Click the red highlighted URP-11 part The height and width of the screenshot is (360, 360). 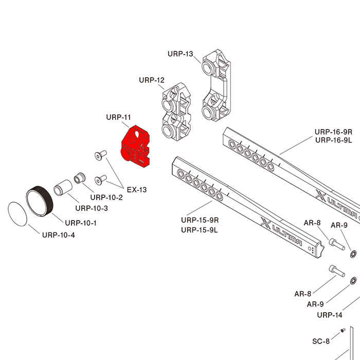135,147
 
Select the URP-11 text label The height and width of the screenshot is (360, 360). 118,117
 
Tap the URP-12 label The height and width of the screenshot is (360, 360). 151,80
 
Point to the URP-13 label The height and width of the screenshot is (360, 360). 180,54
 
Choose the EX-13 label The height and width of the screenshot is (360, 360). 137,190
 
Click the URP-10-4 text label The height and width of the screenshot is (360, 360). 59,235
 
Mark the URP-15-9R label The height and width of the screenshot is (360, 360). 200,220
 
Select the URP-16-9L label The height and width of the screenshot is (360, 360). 333,140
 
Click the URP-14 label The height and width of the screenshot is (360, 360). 330,315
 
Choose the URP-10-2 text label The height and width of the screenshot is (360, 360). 106,197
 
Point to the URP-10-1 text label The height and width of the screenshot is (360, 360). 81,223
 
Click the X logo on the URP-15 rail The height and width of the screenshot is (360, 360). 266,223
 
